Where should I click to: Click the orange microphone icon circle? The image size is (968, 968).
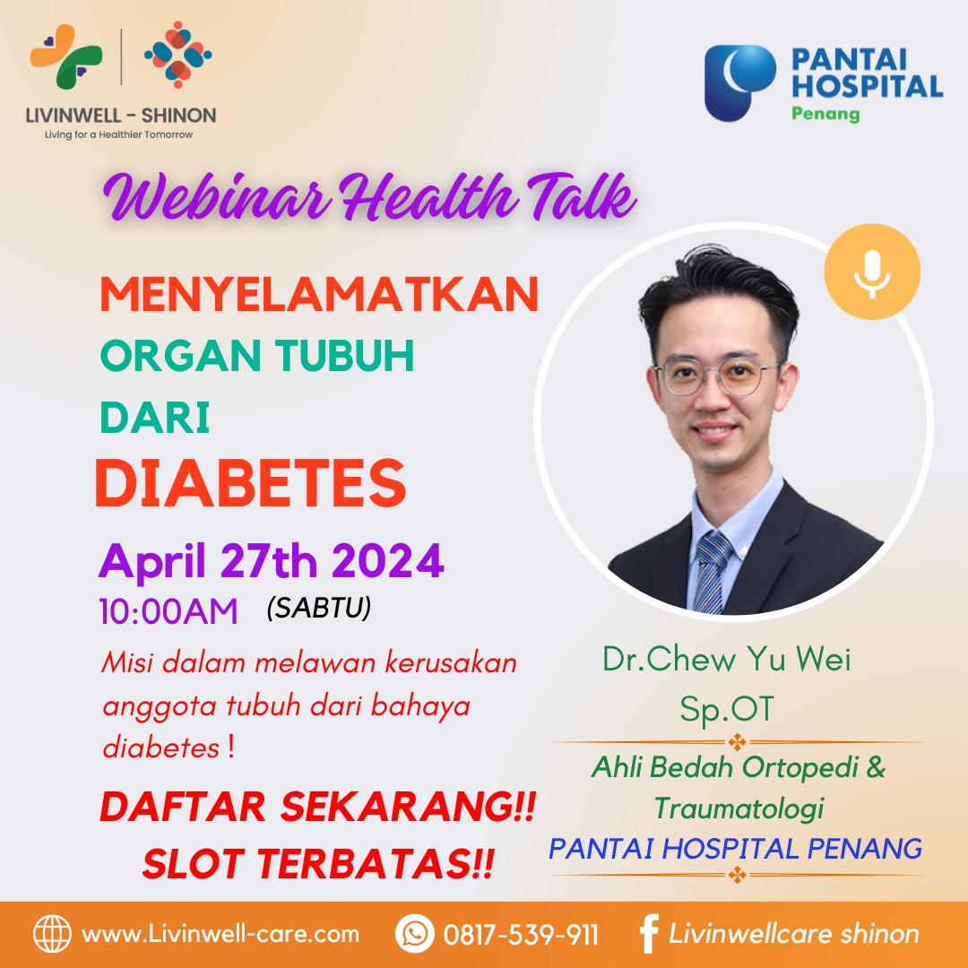pyautogui.click(x=872, y=272)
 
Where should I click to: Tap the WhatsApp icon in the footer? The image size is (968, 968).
pyautogui.click(x=415, y=933)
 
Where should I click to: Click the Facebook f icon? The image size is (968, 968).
pyautogui.click(x=648, y=933)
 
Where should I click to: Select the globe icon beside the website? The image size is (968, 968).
pyautogui.click(x=53, y=933)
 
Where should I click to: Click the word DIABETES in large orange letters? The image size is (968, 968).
pyautogui.click(x=251, y=483)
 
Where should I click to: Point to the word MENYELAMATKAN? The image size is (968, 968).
pyautogui.click(x=319, y=294)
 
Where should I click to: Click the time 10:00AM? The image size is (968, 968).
pyautogui.click(x=169, y=612)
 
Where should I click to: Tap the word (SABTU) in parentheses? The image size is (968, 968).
pyautogui.click(x=319, y=608)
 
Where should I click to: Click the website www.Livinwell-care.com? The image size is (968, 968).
pyautogui.click(x=220, y=933)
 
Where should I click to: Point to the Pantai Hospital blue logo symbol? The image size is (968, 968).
pyautogui.click(x=739, y=82)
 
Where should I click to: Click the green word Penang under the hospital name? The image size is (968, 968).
pyautogui.click(x=825, y=114)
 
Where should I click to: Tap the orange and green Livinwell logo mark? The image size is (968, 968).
pyautogui.click(x=66, y=56)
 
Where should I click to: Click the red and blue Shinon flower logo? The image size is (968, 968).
pyautogui.click(x=177, y=55)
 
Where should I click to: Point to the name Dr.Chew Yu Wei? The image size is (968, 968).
pyautogui.click(x=727, y=659)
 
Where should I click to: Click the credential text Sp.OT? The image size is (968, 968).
pyautogui.click(x=727, y=709)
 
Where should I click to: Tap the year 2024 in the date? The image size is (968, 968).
pyautogui.click(x=388, y=560)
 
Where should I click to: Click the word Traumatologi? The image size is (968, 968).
pyautogui.click(x=739, y=808)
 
